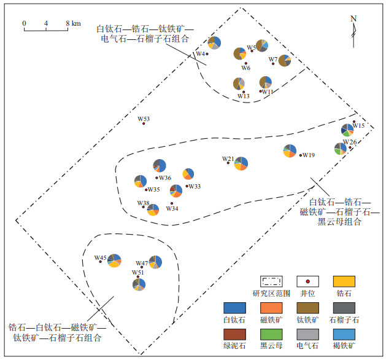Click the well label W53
click(x=144, y=119)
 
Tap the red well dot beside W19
click(x=301, y=155)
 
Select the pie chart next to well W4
click(x=214, y=43)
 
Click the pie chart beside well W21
click(x=241, y=163)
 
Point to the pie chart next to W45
click(x=114, y=260)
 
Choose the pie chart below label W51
click(x=139, y=284)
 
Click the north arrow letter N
click(x=353, y=18)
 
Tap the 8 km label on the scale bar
click(x=74, y=23)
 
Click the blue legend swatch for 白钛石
click(x=234, y=308)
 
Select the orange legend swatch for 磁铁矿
click(x=271, y=308)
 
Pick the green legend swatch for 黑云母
click(x=271, y=334)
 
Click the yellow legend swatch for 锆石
click(x=344, y=281)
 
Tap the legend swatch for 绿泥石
click(x=234, y=334)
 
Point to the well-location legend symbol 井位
click(x=307, y=281)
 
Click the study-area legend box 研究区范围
click(x=271, y=281)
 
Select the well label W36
click(x=165, y=178)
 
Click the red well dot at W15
click(x=354, y=122)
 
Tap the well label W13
click(x=244, y=96)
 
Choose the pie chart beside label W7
click(x=285, y=61)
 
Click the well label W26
click(x=350, y=142)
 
